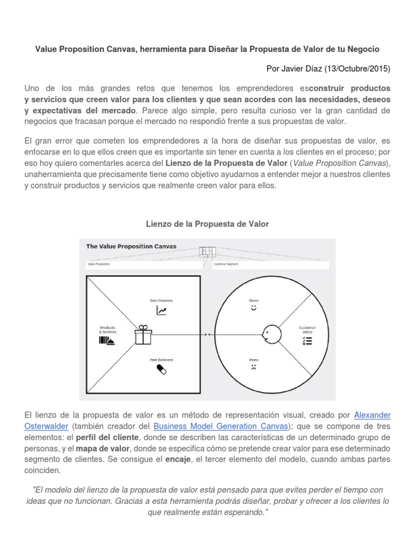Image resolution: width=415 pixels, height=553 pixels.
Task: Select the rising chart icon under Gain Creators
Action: tap(161, 310)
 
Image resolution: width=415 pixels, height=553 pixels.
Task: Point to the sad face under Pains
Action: tap(253, 367)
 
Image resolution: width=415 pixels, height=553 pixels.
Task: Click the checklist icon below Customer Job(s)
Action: tap(307, 340)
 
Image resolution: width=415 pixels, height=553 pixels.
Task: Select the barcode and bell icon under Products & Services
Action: tap(106, 340)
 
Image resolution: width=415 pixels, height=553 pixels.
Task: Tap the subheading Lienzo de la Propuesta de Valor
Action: tap(207, 223)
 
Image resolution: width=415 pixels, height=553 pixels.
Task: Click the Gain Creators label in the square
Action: tap(161, 300)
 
